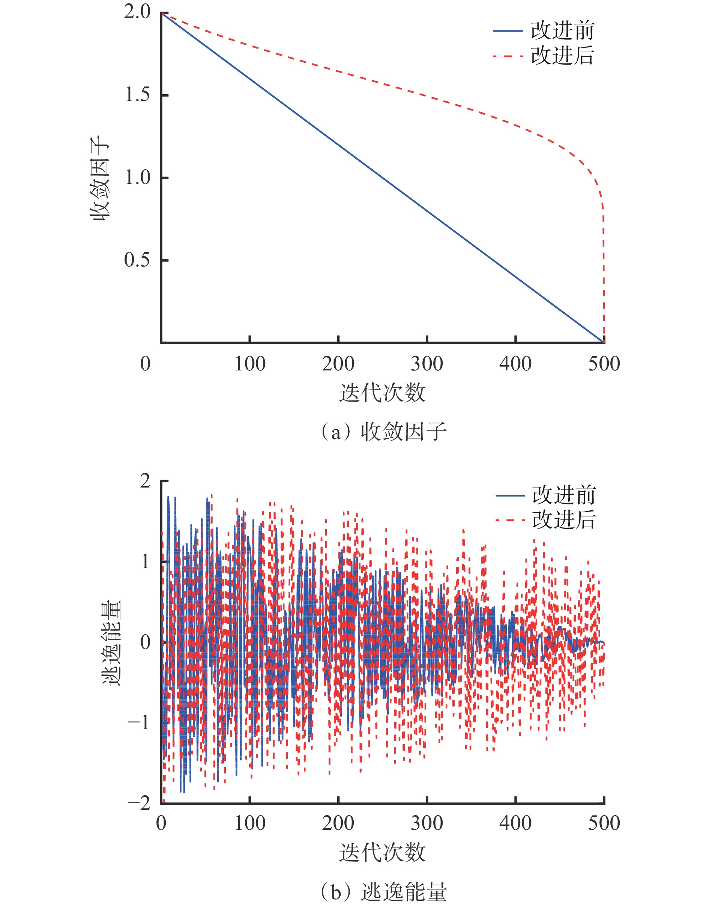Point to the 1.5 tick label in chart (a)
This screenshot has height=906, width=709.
pyautogui.click(x=137, y=95)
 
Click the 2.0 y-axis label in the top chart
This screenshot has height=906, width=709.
pyautogui.click(x=137, y=12)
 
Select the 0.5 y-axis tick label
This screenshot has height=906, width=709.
pyautogui.click(x=137, y=260)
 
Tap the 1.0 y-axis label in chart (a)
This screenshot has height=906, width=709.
pyautogui.click(x=137, y=178)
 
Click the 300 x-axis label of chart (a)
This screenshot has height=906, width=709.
pyautogui.click(x=427, y=364)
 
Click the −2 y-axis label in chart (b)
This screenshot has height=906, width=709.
pyautogui.click(x=139, y=804)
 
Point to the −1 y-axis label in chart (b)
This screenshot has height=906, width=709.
pyautogui.click(x=139, y=723)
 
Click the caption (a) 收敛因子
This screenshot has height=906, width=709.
pyautogui.click(x=383, y=432)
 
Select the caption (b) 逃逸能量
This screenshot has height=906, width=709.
pyautogui.click(x=383, y=892)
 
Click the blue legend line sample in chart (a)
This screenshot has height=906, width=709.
pyautogui.click(x=507, y=31)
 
